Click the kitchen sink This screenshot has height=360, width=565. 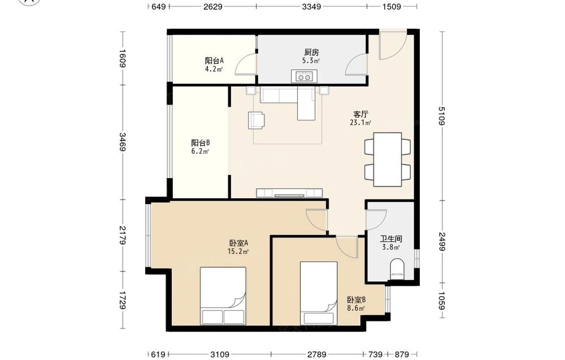[x=304, y=76]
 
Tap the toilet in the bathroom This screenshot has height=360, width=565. [x=397, y=269]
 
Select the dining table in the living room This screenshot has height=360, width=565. [x=388, y=159]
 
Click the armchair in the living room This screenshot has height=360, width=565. [x=256, y=120]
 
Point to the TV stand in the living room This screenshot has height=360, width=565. [x=289, y=193]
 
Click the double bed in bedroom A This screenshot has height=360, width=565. [x=223, y=296]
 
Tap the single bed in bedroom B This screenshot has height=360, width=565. [x=319, y=293]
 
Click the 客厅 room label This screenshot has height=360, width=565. [x=360, y=115]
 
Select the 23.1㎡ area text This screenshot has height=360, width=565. [x=360, y=123]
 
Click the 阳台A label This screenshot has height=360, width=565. [x=214, y=60]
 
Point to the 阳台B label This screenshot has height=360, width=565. [x=201, y=143]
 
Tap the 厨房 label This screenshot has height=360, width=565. [x=311, y=52]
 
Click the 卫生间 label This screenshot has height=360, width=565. [x=391, y=239]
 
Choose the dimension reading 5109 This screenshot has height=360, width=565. [x=442, y=115]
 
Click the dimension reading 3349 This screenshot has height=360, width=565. [x=311, y=6]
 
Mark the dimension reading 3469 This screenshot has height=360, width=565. [x=123, y=142]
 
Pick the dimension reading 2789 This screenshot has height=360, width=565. [x=317, y=354]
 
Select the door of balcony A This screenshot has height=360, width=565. [x=245, y=64]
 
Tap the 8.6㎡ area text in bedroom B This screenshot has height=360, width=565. [x=356, y=309]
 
